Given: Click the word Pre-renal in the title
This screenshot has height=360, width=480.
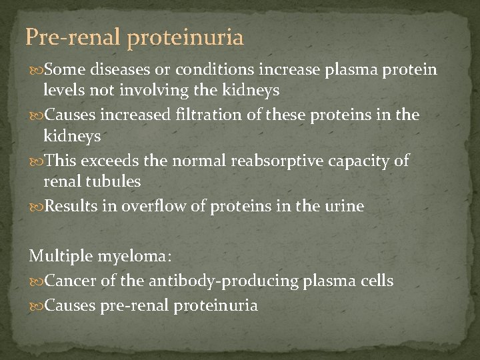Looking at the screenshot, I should pos(73,37).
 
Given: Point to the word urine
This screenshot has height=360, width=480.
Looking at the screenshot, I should pos(344,206).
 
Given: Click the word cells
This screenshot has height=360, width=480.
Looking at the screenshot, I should pos(375,281).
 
